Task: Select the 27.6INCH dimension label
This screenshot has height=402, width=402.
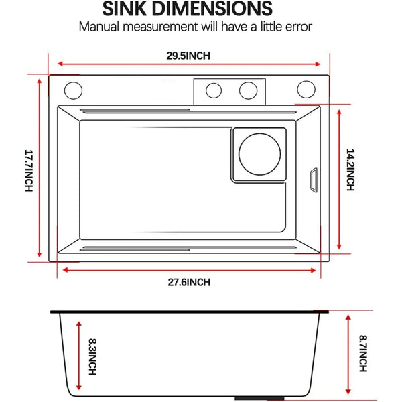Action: [x=188, y=282]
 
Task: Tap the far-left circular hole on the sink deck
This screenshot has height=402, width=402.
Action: [x=74, y=90]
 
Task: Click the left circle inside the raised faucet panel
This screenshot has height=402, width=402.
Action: [x=214, y=90]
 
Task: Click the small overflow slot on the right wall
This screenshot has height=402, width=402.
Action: [x=313, y=180]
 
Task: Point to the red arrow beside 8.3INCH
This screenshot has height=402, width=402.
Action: [x=80, y=356]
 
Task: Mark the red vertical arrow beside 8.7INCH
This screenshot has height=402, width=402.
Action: [x=349, y=355]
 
